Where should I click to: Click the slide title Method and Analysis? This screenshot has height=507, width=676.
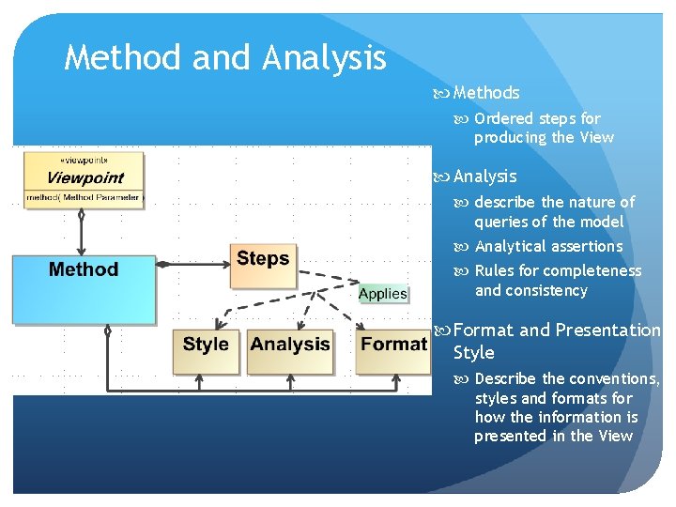pos(225,58)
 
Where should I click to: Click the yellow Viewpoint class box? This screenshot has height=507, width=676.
pos(84,178)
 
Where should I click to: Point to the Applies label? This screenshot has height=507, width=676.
pos(383,294)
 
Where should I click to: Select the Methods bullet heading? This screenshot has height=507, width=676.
pos(485,92)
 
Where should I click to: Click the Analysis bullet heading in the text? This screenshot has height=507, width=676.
pos(484,176)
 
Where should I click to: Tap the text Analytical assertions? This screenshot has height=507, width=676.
pos(548,246)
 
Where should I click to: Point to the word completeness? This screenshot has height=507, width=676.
pos(595,270)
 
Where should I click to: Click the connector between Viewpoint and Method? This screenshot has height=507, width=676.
pos(82,230)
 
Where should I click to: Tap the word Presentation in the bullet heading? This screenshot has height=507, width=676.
pos(607,330)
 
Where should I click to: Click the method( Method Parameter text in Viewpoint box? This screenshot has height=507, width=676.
pos(84,197)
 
